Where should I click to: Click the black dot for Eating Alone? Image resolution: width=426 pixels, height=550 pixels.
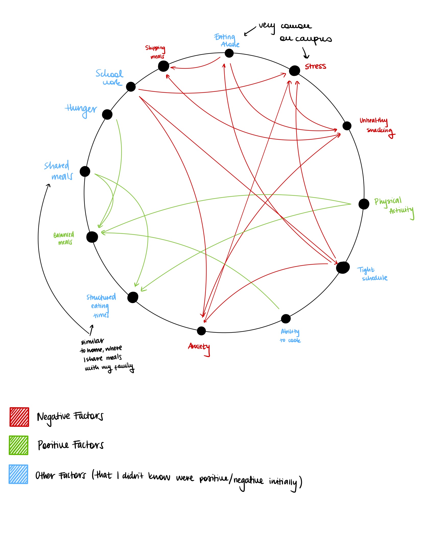coord(229,53)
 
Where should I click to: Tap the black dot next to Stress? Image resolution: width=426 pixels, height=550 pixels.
coord(294,71)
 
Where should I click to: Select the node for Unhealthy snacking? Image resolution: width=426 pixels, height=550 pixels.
coord(347,126)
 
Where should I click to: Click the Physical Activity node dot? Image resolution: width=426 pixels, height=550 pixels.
coord(364,204)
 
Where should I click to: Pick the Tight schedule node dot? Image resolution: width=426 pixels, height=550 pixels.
coord(342,268)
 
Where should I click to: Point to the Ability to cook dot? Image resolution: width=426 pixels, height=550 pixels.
coord(286,318)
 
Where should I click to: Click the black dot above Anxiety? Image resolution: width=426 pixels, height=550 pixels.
coord(201,331)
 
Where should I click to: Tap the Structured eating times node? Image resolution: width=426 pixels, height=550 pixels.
coord(133,297)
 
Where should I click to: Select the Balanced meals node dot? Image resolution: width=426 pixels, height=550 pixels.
coord(92,237)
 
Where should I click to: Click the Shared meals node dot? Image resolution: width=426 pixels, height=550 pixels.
coord(85,171)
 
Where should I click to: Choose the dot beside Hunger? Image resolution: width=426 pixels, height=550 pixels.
coord(107,114)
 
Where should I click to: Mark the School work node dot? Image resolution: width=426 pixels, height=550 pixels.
coord(131,87)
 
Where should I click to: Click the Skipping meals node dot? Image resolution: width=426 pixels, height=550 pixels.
coord(163,66)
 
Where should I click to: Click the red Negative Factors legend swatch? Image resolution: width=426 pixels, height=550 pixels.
coord(19,417)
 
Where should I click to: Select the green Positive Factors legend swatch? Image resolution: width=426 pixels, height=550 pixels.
coord(19,445)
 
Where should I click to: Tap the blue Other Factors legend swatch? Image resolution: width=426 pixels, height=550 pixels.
coord(18,474)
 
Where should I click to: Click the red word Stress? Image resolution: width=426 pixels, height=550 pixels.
coord(315,66)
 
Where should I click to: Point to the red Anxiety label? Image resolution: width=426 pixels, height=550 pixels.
coord(199,348)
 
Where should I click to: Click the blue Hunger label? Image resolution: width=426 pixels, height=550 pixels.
coord(81,110)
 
